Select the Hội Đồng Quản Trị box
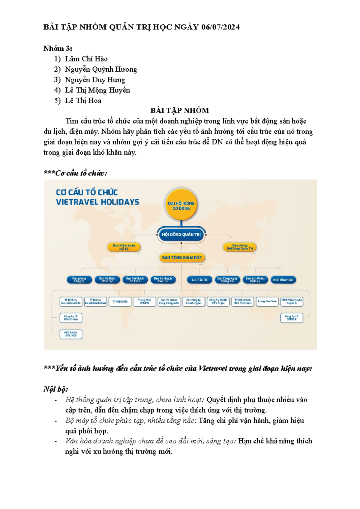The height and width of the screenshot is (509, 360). (181, 235)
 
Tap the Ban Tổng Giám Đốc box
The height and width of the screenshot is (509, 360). (182, 257)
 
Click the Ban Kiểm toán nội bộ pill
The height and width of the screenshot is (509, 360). (124, 247)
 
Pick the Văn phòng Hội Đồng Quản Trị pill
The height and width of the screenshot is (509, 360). (240, 247)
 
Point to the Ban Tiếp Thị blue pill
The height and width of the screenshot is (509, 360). (199, 280)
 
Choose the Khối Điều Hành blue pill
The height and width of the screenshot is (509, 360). (283, 280)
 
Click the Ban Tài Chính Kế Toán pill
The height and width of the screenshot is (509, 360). (135, 280)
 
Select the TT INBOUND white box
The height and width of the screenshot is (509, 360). (120, 301)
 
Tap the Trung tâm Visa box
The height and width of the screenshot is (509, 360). (267, 301)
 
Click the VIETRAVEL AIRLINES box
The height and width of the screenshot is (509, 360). (71, 334)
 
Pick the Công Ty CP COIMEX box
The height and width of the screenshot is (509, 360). (292, 318)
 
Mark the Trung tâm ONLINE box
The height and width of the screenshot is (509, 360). (145, 301)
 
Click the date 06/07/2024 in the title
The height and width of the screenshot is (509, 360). (220, 27)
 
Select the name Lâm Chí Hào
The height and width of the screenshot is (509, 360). (86, 59)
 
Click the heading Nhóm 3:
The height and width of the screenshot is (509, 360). (58, 49)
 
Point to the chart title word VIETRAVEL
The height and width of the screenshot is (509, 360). (76, 202)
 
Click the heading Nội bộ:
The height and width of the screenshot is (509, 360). (56, 389)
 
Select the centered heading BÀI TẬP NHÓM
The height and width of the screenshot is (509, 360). (180, 111)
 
